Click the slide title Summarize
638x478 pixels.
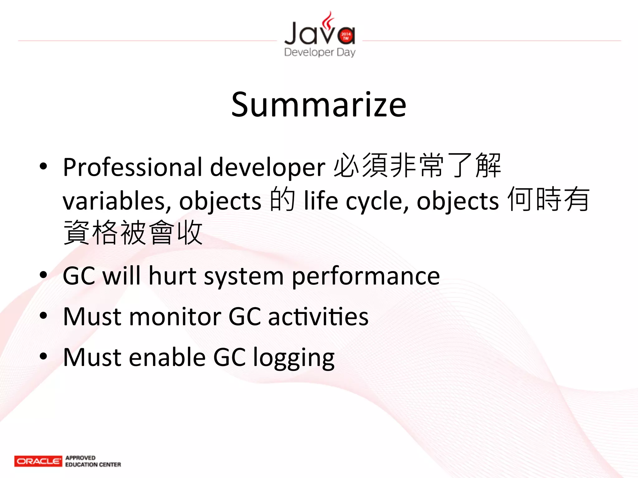[319, 105]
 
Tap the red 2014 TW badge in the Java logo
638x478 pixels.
[346, 36]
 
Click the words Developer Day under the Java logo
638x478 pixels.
[320, 52]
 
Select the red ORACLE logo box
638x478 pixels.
[38, 461]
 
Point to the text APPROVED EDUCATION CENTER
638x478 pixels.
[93, 461]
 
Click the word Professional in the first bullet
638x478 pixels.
[133, 167]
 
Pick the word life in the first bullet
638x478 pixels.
[321, 200]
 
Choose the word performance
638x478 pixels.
[366, 276]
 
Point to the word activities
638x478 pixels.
[318, 316]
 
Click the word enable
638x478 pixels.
[167, 357]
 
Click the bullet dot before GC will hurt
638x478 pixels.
[43, 275]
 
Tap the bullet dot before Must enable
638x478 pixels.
[43, 356]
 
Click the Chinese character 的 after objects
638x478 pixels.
[282, 199]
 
